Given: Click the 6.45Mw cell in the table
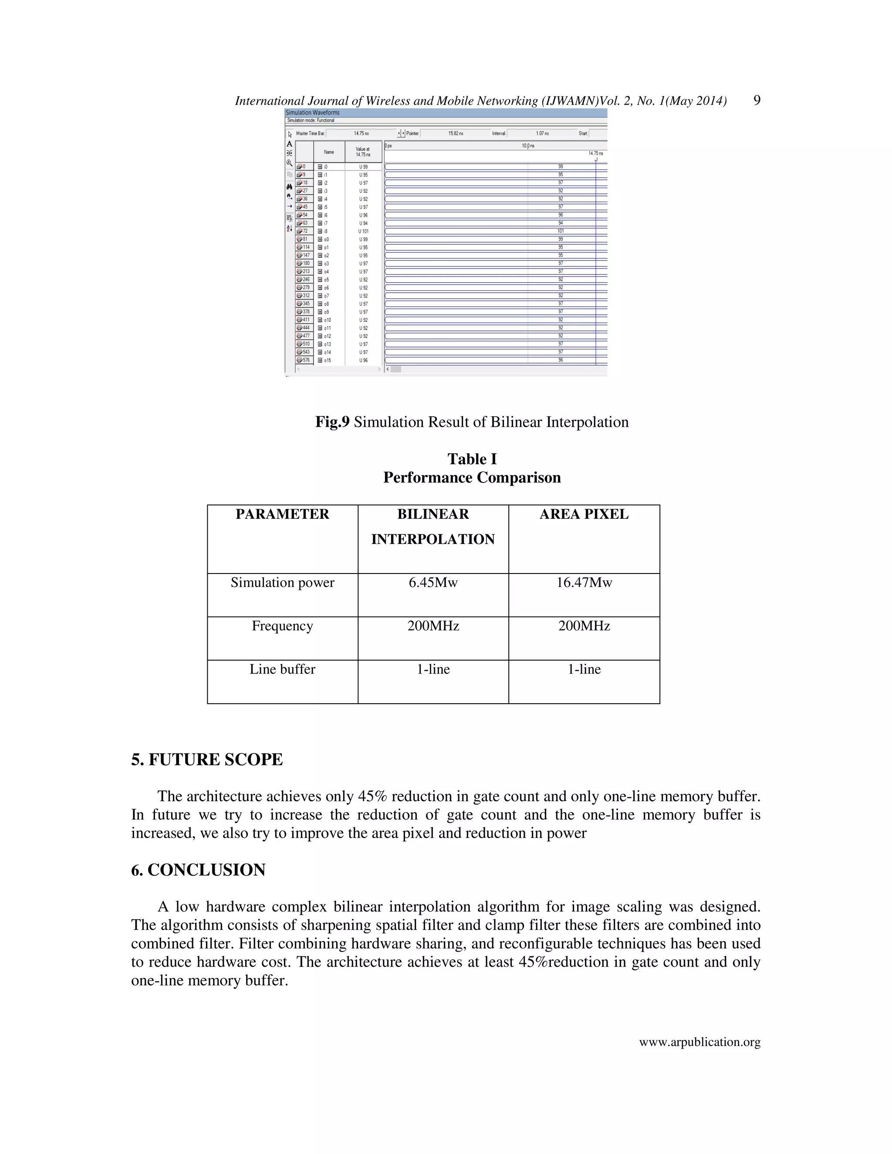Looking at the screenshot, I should [433, 582].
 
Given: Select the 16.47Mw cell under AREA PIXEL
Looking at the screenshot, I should [584, 582].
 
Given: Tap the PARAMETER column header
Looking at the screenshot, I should [282, 514].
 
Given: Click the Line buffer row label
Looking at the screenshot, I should [282, 669].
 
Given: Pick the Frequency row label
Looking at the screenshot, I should [282, 626].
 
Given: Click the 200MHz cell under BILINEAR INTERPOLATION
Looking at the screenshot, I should [433, 626].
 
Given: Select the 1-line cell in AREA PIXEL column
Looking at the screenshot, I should [584, 669].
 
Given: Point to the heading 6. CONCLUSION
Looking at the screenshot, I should [198, 870].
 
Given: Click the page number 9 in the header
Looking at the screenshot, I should [756, 101].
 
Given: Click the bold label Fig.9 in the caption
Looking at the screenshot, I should [332, 422].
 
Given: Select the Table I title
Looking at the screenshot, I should [472, 459].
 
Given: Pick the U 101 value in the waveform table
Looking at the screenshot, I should [363, 231].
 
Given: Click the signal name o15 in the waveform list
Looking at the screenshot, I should [327, 361].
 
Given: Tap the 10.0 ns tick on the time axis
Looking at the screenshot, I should [528, 146].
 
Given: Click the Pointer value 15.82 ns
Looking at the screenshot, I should [456, 134].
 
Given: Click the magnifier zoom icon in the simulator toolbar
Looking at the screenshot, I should [290, 163].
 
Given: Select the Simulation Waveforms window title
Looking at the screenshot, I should [313, 112].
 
